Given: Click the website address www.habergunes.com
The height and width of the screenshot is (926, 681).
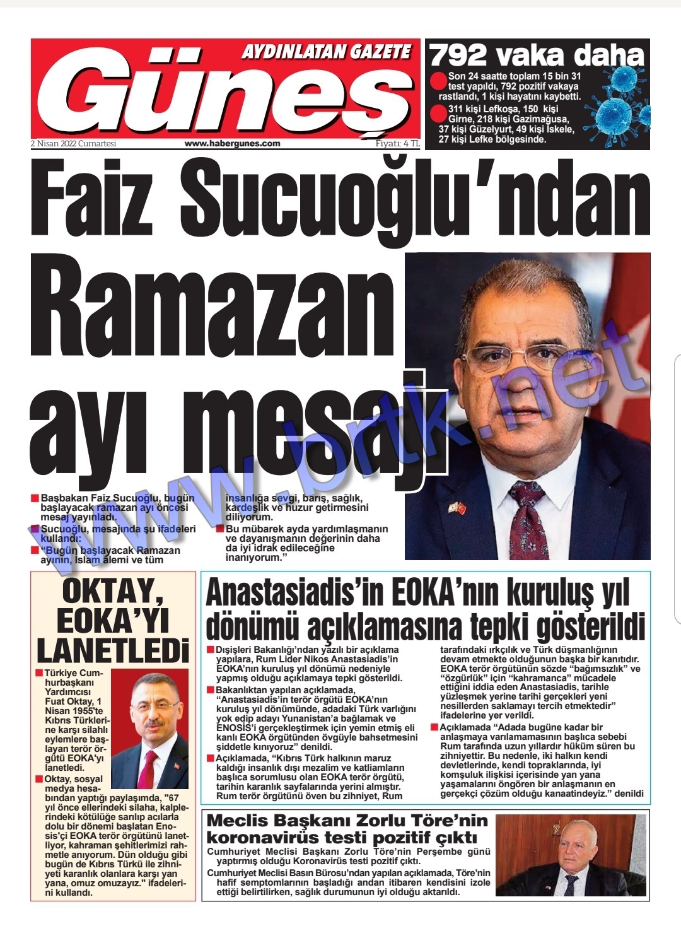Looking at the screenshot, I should coord(232,144).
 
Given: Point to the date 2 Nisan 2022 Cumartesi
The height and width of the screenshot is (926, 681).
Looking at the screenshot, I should coord(74,144).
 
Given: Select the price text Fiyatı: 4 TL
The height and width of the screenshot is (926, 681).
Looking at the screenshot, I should coord(397,144).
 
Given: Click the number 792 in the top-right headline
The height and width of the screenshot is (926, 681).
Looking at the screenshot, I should coord(458,56).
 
